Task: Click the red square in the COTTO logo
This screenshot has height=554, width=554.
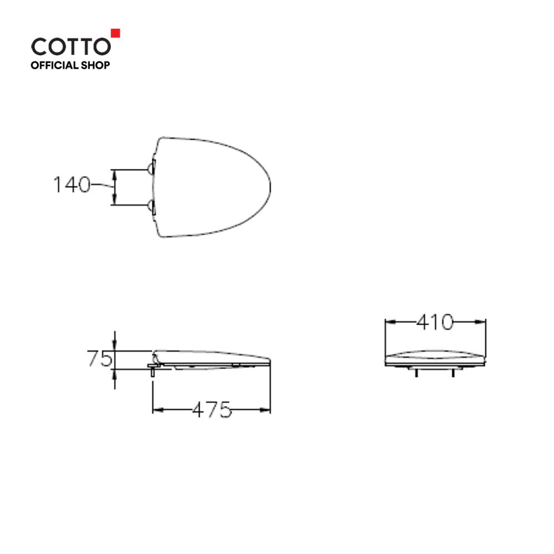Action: point(116,33)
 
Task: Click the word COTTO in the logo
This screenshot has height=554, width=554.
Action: point(71,47)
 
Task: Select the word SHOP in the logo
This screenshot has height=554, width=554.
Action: point(95,65)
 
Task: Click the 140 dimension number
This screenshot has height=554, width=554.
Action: point(71,184)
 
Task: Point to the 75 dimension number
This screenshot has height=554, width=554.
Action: point(99,358)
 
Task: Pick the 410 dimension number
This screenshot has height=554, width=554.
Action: point(434,322)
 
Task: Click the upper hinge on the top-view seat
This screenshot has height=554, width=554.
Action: point(151,167)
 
